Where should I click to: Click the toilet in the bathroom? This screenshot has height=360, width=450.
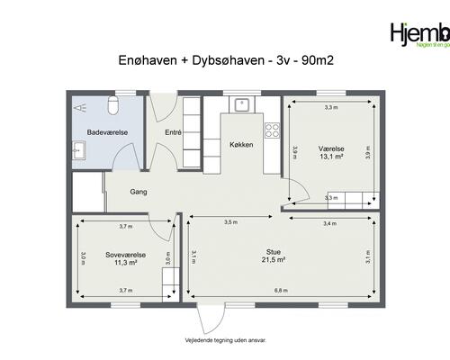click(x=112, y=106)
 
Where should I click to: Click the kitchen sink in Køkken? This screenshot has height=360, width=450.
click(x=242, y=105)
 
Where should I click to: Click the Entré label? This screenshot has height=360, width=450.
click(x=174, y=132)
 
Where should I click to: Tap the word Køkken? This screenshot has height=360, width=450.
click(x=241, y=144)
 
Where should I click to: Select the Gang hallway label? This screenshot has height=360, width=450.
click(x=138, y=192)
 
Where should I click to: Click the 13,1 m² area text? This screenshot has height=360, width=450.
click(x=330, y=156)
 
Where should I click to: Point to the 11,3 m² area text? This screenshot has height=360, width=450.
click(x=125, y=263)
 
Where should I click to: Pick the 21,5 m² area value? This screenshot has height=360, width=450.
click(x=274, y=259)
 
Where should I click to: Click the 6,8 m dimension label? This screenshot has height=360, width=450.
click(x=281, y=291)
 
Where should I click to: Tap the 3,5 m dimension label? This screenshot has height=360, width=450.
click(x=230, y=221)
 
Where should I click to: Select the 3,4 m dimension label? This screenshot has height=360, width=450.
click(x=329, y=221)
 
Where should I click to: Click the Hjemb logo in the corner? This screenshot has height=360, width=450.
click(x=418, y=35)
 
